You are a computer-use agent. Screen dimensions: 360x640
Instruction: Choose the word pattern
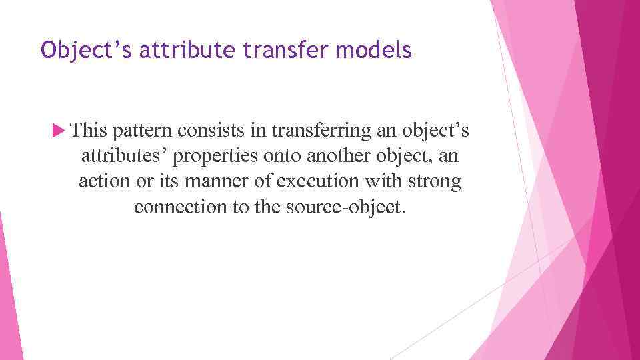click(145, 131)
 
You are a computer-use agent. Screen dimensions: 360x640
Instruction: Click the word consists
click(212, 131)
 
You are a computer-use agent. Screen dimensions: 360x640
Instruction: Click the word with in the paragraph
click(382, 182)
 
